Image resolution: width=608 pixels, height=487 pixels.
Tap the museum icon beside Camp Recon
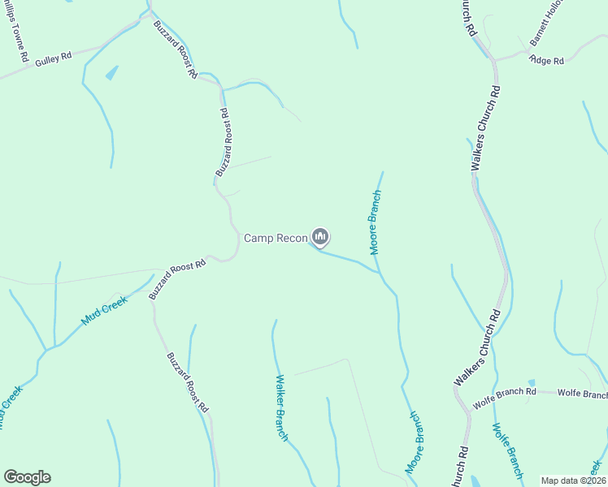tap(320, 237)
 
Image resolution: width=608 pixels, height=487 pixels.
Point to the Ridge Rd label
tap(546, 59)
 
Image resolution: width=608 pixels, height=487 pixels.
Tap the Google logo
tap(27, 477)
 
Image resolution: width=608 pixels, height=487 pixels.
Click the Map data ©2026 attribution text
tap(572, 481)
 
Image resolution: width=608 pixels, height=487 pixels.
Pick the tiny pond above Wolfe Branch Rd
tap(531, 382)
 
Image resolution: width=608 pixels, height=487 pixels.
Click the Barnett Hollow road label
tap(546, 30)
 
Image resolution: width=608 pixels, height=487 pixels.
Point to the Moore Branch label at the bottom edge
tap(415, 442)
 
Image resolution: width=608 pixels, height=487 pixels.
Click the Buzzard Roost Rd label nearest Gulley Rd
tap(176, 49)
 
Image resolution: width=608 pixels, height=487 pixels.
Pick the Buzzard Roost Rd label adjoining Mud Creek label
tap(177, 280)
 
